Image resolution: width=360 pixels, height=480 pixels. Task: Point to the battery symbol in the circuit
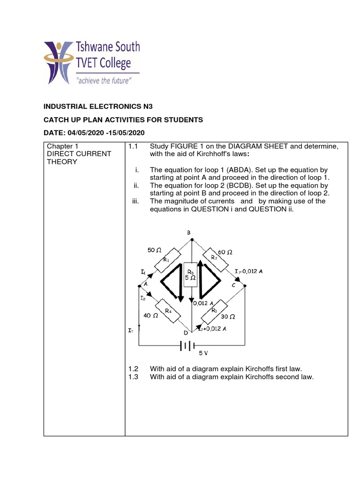click(187, 346)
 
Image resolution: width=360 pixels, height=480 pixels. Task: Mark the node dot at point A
click(139, 285)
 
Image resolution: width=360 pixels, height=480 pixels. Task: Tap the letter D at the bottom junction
click(186, 333)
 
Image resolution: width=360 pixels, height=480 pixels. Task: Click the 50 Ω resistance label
click(154, 250)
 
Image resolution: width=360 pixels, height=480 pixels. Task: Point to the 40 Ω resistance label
click(150, 316)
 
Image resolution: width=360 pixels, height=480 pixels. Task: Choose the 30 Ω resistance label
click(228, 316)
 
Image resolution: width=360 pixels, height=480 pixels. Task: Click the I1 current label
click(142, 272)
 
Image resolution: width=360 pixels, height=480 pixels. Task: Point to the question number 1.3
click(133, 376)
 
